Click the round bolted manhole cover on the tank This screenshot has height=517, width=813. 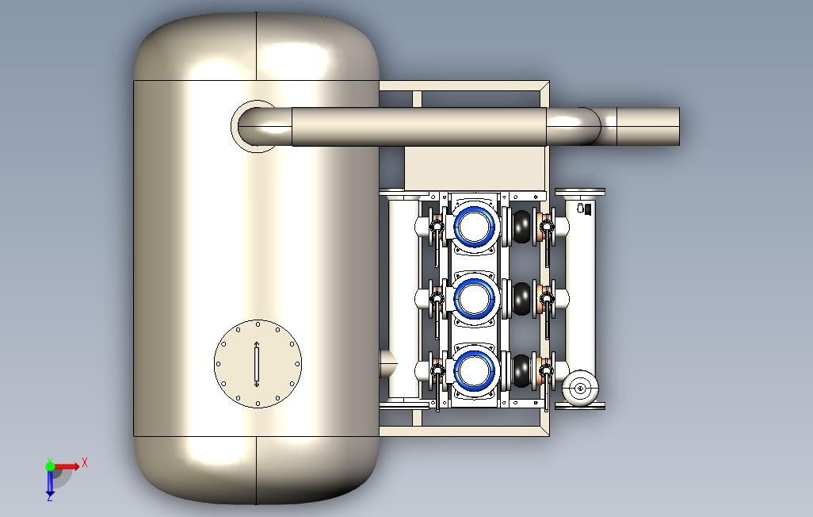258,364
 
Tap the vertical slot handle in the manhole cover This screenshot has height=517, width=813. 257,364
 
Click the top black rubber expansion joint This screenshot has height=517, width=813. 521,226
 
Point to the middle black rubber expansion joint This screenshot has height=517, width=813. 521,298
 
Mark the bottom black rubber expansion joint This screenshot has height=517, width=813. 521,370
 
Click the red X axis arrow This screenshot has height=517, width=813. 67,466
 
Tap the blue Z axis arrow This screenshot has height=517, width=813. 50,481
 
